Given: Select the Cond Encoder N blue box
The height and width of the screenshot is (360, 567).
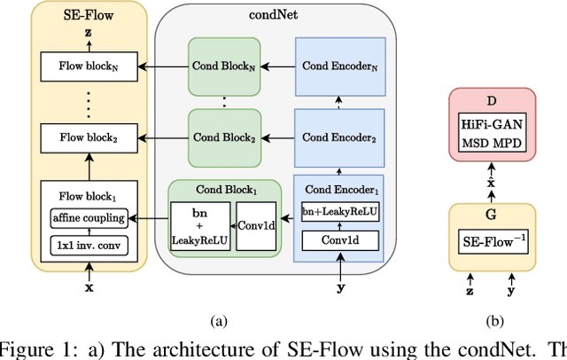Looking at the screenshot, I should [x=340, y=66].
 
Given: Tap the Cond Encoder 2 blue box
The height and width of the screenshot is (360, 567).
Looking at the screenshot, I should [x=340, y=137].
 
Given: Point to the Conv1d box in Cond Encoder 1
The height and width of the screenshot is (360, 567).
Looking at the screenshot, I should [x=340, y=239].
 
